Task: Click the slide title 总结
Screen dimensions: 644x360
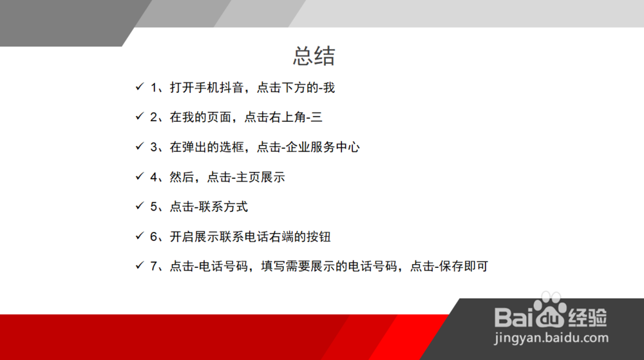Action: click(314, 56)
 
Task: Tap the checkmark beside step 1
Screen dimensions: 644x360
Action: click(140, 86)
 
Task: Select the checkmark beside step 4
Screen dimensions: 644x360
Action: click(140, 176)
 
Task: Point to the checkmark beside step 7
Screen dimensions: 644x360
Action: click(140, 265)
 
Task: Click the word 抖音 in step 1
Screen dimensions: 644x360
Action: click(232, 88)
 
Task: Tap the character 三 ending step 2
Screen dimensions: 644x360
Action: click(317, 117)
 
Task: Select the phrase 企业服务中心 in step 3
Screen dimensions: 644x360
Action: click(323, 147)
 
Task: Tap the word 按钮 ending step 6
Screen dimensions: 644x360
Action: click(319, 236)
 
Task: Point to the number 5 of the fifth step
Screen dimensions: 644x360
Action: click(154, 207)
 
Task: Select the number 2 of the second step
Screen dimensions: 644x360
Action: click(154, 117)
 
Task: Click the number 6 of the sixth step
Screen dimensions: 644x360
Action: click(154, 236)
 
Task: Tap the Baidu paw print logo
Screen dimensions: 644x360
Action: click(550, 310)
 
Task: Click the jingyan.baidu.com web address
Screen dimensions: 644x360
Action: click(551, 338)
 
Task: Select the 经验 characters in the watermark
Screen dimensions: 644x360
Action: click(587, 317)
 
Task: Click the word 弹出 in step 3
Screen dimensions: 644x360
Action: click(194, 147)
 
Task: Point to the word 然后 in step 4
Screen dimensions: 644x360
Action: click(182, 177)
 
